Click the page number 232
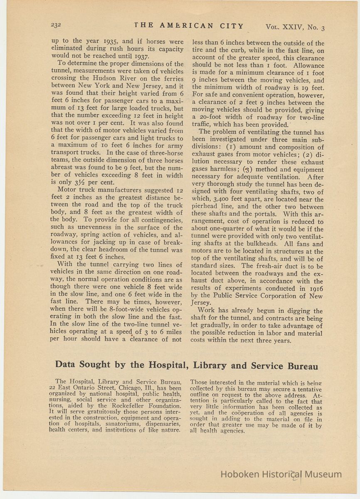point(56,25)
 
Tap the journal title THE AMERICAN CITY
point(189,26)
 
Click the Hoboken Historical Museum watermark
point(281,474)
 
